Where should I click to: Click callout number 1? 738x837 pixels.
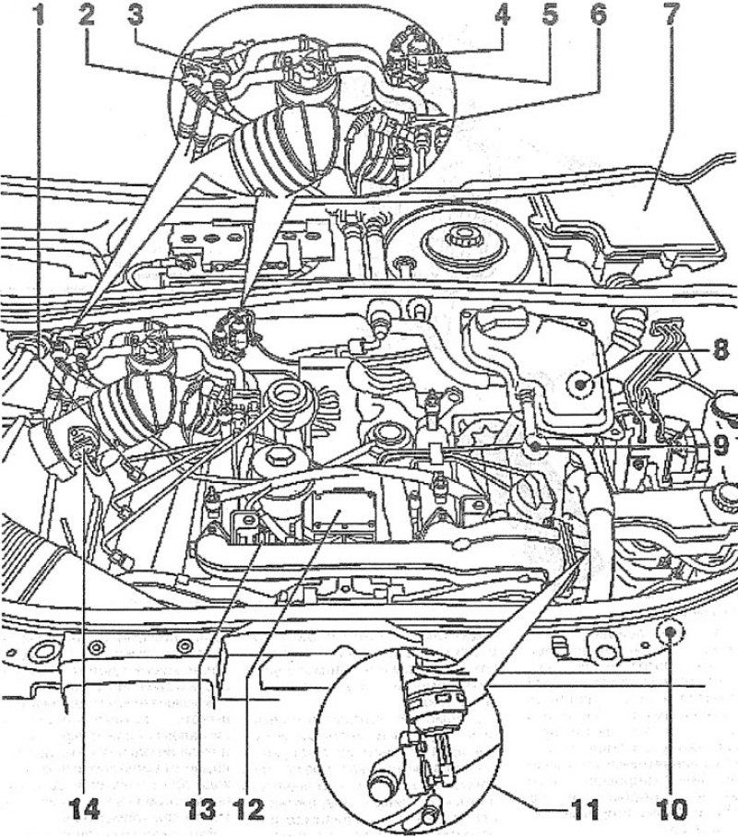pos(38,15)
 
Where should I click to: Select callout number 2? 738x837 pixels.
pos(85,15)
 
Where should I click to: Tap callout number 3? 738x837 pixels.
pos(136,15)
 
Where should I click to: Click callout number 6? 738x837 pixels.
pos(599,15)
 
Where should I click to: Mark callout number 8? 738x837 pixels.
pos(720,350)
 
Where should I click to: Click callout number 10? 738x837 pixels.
pos(671,810)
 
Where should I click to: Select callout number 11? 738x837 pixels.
pos(582,810)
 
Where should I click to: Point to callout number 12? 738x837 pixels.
pos(247,810)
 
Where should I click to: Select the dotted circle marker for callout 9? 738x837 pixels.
pos(534,444)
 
